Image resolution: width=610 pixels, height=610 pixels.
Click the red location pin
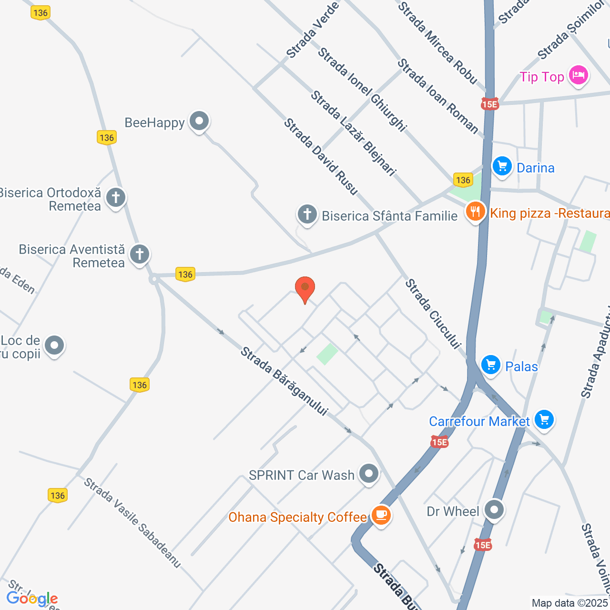305,288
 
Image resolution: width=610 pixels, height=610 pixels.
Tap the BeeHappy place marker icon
199,121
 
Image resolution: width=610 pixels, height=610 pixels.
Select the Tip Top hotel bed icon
579,75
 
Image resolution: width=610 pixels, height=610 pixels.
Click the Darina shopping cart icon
502,166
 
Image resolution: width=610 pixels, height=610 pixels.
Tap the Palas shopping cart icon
490,365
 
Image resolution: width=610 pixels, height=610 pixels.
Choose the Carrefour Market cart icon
544,419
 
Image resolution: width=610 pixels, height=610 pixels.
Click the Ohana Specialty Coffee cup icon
381,515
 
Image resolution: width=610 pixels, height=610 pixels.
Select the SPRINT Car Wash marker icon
369,474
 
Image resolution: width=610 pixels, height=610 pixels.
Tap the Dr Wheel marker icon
494,510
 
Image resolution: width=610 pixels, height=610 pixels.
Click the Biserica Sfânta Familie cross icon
307,214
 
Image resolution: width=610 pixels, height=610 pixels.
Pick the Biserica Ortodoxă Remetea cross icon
116,197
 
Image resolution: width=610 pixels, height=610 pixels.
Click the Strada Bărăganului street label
285,381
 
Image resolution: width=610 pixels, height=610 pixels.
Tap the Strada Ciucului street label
433,314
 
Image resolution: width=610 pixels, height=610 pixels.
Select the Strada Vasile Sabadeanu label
132,523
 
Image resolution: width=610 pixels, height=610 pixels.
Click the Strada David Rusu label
321,157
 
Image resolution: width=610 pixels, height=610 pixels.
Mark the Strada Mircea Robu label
437,43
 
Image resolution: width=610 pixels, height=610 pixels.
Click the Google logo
32,599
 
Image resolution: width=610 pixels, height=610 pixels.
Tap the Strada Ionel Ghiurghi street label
362,89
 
